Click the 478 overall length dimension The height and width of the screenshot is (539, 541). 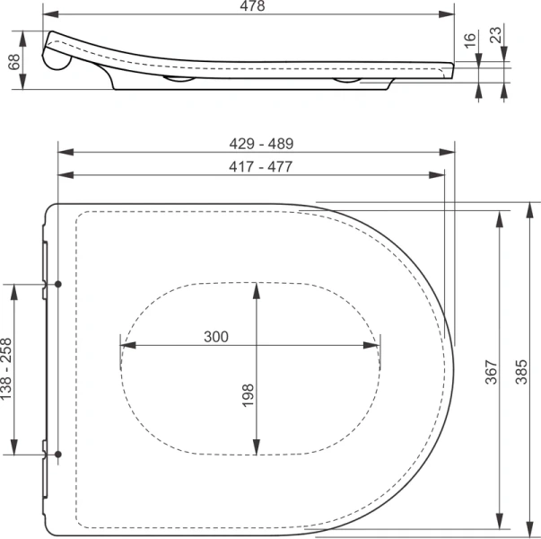point(253,6)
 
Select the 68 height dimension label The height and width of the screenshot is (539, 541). point(14,62)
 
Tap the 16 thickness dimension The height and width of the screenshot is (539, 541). point(470,40)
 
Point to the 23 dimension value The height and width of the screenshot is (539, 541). point(496,35)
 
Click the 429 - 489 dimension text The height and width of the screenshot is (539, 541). point(262,144)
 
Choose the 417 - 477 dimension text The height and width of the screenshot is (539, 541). point(261,166)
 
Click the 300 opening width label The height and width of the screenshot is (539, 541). point(216,337)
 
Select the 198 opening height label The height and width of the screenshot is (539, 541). point(248,395)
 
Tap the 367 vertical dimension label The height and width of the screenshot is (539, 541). point(492,372)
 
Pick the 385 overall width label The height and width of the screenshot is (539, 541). point(521,372)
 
